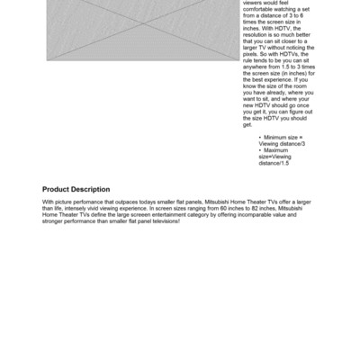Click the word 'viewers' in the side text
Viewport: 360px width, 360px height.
click(x=254, y=4)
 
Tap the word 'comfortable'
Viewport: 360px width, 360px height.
click(x=260, y=10)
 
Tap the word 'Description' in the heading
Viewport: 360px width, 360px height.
click(x=94, y=190)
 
